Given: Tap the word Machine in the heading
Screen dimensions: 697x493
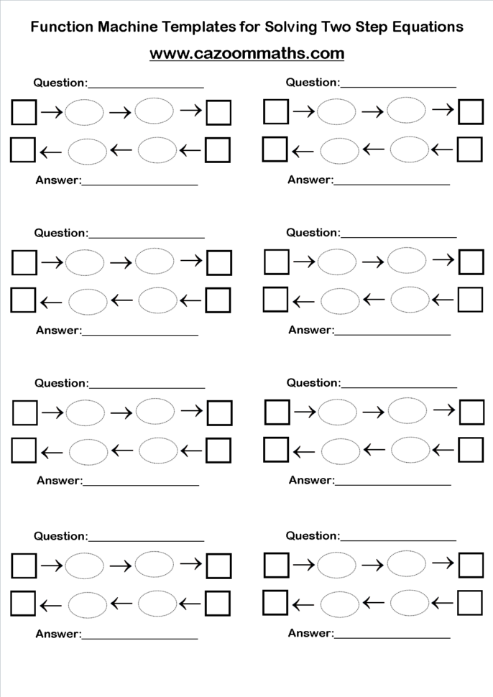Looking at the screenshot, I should point(129,27).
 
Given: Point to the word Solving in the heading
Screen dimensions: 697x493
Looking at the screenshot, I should point(294,27).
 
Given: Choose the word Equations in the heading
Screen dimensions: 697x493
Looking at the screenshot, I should point(430,27).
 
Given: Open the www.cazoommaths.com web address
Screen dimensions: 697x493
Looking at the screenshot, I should point(247,53).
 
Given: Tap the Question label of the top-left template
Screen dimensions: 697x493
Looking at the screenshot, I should point(60,83).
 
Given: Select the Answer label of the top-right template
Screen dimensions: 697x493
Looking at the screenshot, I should point(310,180).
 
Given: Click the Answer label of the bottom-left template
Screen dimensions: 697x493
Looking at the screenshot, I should point(58,634).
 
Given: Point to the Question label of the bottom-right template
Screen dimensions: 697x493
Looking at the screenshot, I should point(312,535).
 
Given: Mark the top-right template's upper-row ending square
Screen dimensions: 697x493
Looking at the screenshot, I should point(471,112).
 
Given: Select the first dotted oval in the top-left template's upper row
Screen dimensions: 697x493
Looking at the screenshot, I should point(85,112).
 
